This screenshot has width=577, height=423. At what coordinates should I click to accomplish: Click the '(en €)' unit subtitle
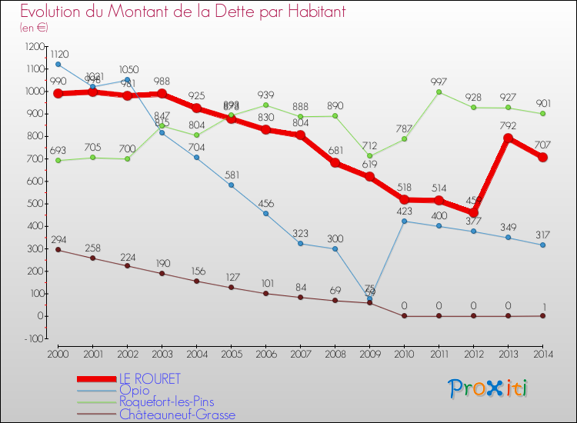coord(35,28)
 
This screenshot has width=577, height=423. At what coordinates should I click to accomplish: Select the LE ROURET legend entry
coord(149,379)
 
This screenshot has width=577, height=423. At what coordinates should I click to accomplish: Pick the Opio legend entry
coord(134,391)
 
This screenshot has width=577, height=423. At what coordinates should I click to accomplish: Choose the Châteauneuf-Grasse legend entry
coord(176,415)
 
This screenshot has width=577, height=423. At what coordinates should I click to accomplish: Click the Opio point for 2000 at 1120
coord(58,65)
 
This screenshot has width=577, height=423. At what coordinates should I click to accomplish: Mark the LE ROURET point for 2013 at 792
coord(508,138)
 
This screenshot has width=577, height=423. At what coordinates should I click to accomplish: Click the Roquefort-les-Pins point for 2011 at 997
coord(439,92)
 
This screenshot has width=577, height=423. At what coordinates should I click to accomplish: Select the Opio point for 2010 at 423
coord(404,221)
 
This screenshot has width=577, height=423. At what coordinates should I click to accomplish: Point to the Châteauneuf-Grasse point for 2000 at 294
coord(58,250)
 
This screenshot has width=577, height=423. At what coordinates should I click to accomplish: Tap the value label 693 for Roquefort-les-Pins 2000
coord(58,148)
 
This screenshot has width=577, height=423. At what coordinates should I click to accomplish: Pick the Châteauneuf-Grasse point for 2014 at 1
coord(542,315)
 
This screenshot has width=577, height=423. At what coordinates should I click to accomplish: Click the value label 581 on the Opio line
coord(232,174)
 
